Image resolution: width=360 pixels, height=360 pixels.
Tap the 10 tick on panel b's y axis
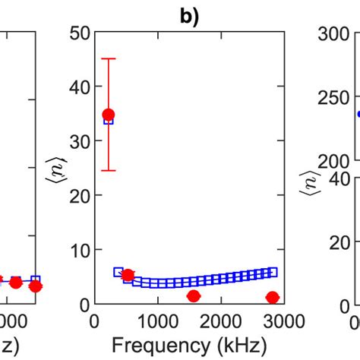pos(79,250)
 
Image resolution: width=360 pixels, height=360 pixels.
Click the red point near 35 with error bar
pos(109,115)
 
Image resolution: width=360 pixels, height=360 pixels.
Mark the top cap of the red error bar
pos(109,58)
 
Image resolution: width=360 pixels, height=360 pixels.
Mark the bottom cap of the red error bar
pos(109,170)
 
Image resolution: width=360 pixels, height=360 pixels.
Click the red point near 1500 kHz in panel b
pos(194,296)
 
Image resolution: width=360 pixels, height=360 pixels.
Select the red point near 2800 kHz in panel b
pos(272,297)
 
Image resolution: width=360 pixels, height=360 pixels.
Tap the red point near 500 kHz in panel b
pos(128,275)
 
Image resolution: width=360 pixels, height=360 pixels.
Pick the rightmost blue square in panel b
pos(273,272)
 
